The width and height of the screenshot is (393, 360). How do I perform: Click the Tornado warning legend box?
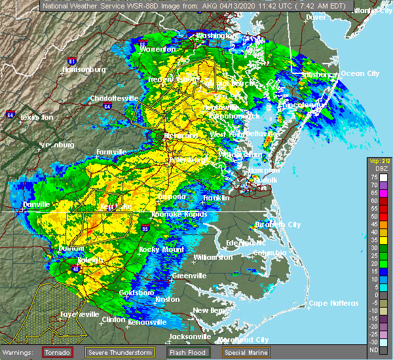click(x=58, y=352)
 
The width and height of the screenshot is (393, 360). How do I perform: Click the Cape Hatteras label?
click(x=334, y=303)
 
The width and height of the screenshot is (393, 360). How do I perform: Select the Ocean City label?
click(x=360, y=73)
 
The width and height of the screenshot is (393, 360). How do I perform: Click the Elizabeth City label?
click(x=278, y=225)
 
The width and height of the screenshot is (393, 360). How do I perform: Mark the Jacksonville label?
click(x=190, y=337)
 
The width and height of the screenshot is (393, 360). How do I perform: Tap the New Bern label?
click(x=210, y=310)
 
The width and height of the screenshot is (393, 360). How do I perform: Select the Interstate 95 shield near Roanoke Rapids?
click(x=145, y=228)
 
